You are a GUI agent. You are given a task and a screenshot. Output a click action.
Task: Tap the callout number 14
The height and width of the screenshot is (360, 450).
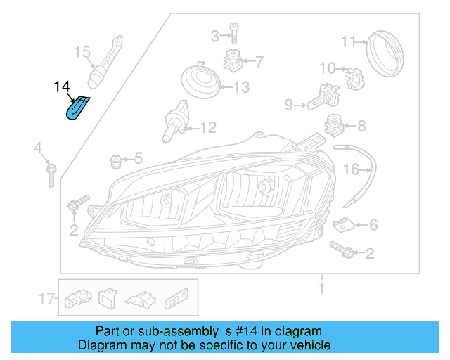(x=63, y=87)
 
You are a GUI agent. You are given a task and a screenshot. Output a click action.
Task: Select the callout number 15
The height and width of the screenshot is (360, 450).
(x=82, y=51)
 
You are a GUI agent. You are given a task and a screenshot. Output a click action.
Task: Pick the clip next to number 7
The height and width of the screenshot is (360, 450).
(x=233, y=61)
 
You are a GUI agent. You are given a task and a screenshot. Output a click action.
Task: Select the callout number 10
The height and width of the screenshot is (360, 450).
(x=328, y=68)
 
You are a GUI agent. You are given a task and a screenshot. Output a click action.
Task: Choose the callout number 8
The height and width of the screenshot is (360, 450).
(x=361, y=127)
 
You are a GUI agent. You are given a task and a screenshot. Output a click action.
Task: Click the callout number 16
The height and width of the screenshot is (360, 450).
(x=351, y=169)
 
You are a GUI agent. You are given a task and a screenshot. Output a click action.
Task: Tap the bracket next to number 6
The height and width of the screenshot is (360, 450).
(x=343, y=224)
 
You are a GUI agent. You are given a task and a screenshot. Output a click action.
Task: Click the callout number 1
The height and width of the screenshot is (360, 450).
(x=321, y=288)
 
